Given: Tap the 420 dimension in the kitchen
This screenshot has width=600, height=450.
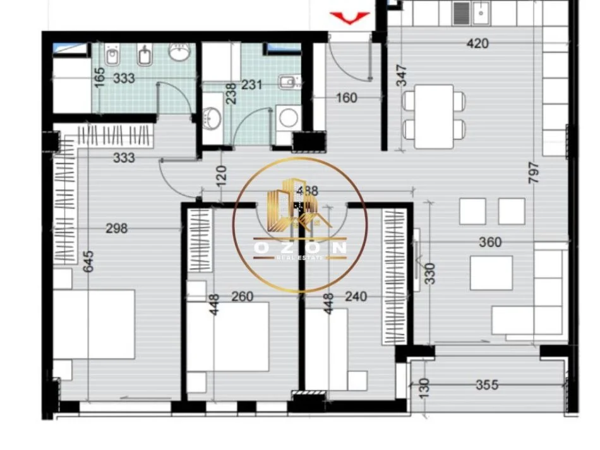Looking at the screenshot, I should (477, 44).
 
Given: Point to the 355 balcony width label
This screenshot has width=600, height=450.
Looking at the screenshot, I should (487, 384).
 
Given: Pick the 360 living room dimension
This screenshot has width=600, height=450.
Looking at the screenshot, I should (490, 242).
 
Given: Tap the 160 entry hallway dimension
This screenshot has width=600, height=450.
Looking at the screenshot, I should (347, 98).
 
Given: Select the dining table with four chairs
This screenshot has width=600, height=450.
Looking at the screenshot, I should (435, 116).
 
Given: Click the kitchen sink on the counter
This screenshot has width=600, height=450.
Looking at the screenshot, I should (481, 11).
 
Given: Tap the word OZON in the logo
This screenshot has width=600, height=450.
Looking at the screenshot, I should (300, 248).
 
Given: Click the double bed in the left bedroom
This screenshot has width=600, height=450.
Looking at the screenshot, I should (95, 325).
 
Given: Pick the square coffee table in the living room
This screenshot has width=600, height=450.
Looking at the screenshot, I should (491, 273).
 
